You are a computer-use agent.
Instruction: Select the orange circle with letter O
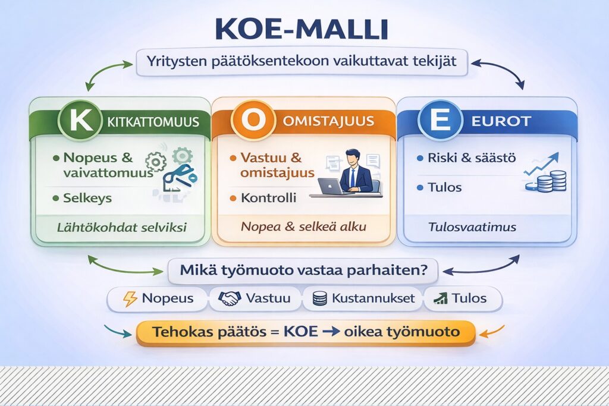tap(255, 121)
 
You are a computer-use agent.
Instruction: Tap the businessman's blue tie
tap(353, 176)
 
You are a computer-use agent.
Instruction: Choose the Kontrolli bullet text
tap(268, 198)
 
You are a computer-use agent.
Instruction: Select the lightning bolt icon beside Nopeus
tap(130, 298)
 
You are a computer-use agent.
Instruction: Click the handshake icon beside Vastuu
tap(230, 298)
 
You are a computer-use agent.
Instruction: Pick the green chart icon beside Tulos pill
tap(441, 298)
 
